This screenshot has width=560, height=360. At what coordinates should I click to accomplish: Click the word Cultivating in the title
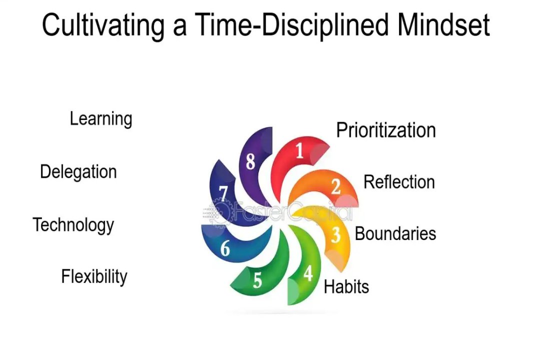[x=103, y=25]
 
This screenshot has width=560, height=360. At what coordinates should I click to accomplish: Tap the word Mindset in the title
[x=443, y=24]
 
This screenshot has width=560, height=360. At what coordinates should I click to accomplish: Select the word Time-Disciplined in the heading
[x=291, y=25]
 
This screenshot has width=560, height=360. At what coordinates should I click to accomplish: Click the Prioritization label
[x=386, y=130]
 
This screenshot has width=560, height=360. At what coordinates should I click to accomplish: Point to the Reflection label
[x=399, y=182]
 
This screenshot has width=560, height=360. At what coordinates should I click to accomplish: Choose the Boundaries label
[x=395, y=233]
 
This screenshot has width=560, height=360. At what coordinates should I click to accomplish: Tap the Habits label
[x=346, y=286]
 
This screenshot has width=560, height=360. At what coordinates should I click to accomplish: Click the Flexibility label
[x=94, y=277]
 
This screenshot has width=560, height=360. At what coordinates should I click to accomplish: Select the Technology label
[x=73, y=225]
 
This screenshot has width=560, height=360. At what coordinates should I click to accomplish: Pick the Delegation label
[x=78, y=172]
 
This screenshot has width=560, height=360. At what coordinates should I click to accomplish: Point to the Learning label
[x=100, y=119]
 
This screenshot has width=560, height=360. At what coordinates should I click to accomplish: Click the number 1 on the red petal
[x=299, y=150]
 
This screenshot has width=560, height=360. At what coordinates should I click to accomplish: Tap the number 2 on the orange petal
[x=335, y=186]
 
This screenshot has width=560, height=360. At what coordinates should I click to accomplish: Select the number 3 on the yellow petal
[x=335, y=235]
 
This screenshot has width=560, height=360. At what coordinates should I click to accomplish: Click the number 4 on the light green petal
[x=308, y=273]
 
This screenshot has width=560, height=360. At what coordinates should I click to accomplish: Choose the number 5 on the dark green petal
[x=257, y=280]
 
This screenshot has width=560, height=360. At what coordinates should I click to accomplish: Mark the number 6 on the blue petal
[x=225, y=248]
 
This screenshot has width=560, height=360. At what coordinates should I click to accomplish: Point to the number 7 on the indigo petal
[x=223, y=193]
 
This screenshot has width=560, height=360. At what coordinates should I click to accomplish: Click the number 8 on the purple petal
[x=250, y=162]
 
